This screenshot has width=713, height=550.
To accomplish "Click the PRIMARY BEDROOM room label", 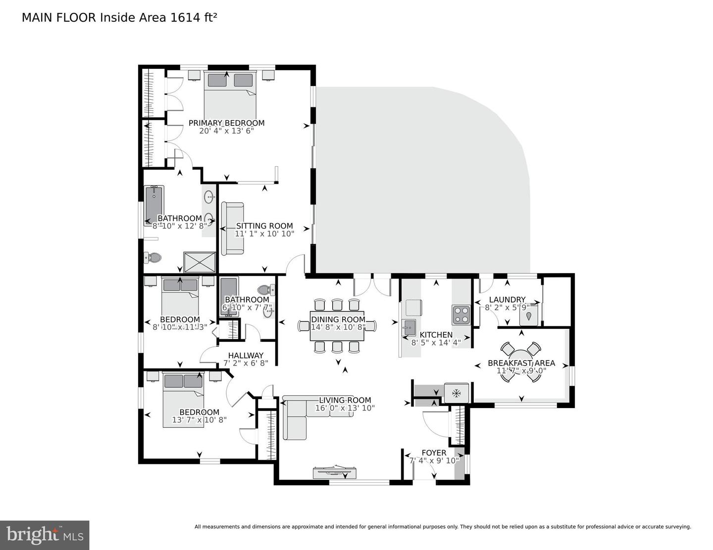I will pyautogui.click(x=226, y=123).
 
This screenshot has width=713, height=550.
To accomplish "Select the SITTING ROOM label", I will pyautogui.click(x=264, y=226).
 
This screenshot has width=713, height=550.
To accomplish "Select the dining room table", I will pyautogui.click(x=337, y=326).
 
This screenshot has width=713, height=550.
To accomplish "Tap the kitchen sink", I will pyautogui.click(x=408, y=326).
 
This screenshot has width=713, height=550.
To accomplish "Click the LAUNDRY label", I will pyautogui.click(x=507, y=300).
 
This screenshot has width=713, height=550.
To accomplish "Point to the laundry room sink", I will pyautogui.click(x=529, y=315).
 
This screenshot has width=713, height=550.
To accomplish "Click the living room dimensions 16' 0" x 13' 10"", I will pyautogui.click(x=345, y=408).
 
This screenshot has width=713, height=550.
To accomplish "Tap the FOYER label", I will pyautogui.click(x=434, y=453).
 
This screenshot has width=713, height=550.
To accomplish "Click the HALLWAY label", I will pyautogui.click(x=246, y=355).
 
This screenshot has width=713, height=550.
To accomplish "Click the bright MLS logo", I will pyautogui.click(x=45, y=535).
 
